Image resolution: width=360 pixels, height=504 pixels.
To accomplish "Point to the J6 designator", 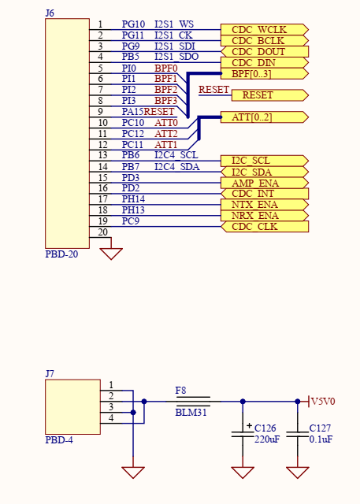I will coord(50,13).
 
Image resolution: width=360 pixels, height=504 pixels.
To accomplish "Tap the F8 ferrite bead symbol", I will coord(192,401).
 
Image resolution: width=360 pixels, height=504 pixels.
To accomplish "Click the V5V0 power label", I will coord(323,402).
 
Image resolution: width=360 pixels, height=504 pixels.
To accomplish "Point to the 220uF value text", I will coord(267,439).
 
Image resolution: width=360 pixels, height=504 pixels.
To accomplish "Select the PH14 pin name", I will coord(133,200).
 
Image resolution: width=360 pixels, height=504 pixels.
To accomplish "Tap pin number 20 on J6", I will coord(102,232).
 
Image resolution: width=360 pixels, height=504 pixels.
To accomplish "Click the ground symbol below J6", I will coord(112,254).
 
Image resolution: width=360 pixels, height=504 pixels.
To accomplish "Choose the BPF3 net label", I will coord(165,101).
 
